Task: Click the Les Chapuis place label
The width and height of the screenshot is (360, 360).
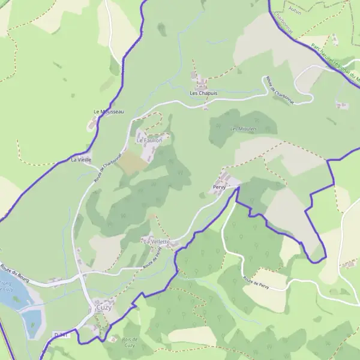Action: (x=203, y=94)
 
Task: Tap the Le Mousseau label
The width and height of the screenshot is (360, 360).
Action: (x=109, y=112)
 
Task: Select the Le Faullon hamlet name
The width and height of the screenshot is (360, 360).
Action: (x=149, y=140)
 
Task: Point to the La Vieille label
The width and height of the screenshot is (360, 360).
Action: (x=81, y=160)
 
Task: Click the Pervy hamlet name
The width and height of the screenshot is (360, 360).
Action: (x=219, y=188)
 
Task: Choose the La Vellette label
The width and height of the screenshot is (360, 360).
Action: (x=156, y=241)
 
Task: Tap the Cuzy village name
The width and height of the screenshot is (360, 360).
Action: (x=104, y=307)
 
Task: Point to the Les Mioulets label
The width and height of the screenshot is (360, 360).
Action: (x=244, y=128)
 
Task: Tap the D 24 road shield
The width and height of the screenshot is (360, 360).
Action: (x=61, y=335)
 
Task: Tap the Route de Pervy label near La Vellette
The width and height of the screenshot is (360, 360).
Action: (x=153, y=259)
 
